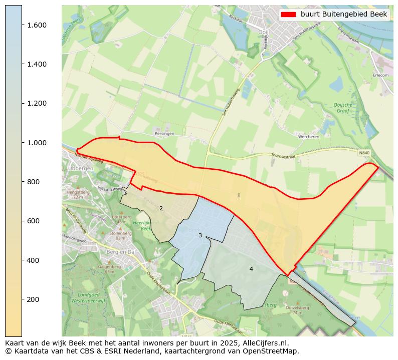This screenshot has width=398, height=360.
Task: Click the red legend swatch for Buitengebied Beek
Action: (289, 15)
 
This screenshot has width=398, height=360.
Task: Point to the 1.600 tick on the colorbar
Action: (22, 25)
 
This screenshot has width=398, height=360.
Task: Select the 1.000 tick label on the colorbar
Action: (37, 143)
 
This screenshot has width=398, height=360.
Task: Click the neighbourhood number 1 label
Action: (239, 195)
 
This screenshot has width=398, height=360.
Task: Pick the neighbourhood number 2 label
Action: (161, 208)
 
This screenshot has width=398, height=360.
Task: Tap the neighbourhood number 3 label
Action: (200, 235)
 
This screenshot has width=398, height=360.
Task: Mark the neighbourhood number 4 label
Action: (251, 269)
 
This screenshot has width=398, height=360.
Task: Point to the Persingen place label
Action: (164, 134)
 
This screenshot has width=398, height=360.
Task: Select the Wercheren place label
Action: (308, 136)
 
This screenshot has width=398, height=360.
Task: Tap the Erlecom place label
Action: (380, 76)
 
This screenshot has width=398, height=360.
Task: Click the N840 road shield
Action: (364, 153)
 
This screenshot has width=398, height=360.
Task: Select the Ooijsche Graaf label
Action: (343, 108)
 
